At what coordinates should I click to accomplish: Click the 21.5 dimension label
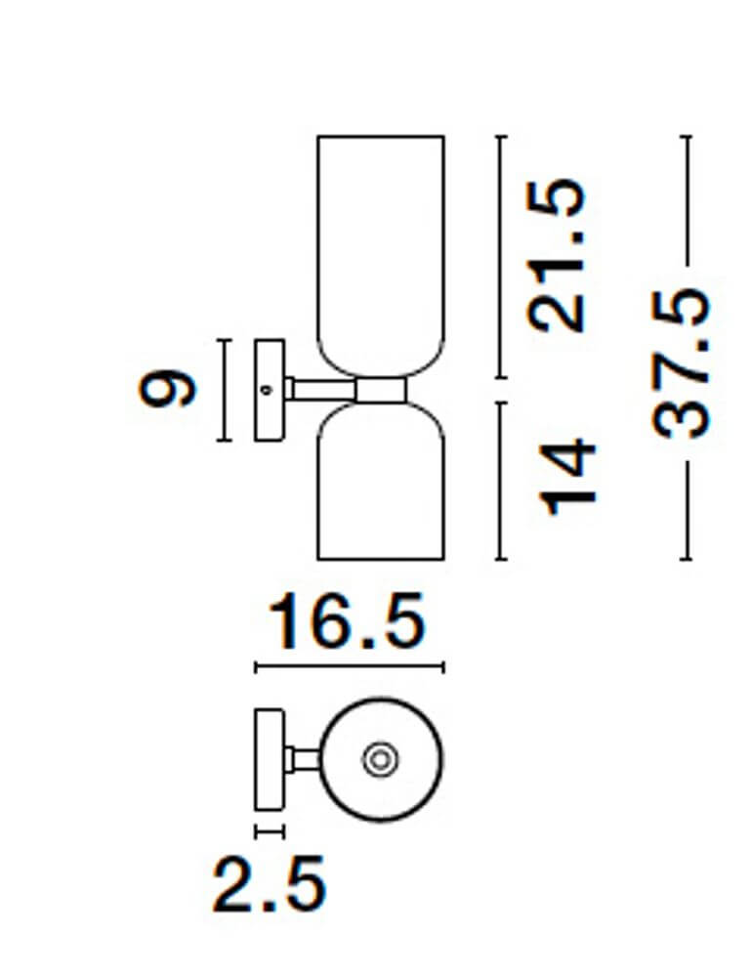tap(556, 255)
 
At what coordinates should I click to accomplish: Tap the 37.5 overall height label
tap(680, 363)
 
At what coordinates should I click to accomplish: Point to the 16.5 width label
tap(347, 620)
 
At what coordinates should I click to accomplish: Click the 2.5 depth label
tap(269, 884)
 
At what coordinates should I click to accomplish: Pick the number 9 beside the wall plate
tap(167, 388)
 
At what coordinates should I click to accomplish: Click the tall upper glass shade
tap(381, 256)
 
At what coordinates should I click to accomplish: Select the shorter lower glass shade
tap(381, 481)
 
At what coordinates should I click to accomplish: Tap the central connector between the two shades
tap(381, 390)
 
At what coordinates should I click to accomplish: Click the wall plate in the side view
tap(270, 390)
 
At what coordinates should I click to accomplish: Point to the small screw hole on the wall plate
tap(267, 390)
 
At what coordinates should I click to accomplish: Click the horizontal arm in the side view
tap(320, 390)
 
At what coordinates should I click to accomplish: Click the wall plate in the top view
tap(270, 759)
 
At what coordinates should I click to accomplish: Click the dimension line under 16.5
tap(350, 667)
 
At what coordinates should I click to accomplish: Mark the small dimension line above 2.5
tap(270, 831)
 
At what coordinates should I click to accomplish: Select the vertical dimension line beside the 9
tap(225, 390)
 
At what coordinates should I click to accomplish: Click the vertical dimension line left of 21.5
tap(501, 256)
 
